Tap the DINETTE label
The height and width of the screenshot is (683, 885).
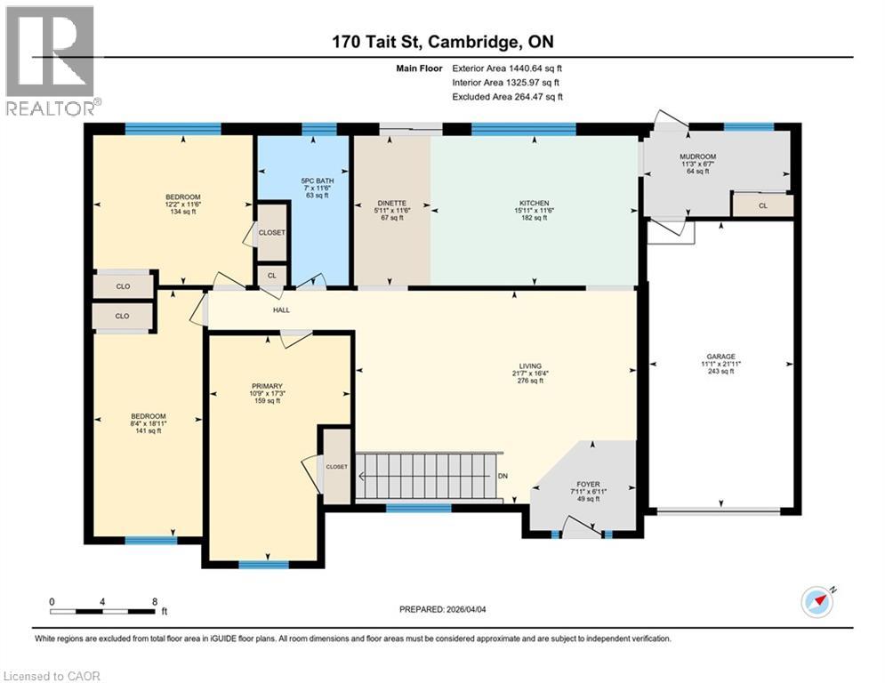click(x=391, y=203)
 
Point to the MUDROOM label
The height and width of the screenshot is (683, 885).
click(x=698, y=157)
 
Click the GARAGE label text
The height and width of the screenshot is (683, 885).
click(x=720, y=357)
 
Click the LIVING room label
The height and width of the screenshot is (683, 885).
click(x=531, y=366)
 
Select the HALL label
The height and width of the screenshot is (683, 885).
click(x=281, y=310)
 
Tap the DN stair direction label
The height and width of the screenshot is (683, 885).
click(x=503, y=477)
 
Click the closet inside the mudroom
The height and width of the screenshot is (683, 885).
click(x=762, y=205)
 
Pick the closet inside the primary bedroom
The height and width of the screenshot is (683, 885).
click(x=336, y=466)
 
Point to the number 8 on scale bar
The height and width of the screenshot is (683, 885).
click(x=155, y=602)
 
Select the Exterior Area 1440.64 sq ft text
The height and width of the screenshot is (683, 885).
click(x=507, y=68)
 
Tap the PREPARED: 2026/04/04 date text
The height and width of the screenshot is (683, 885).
click(x=442, y=609)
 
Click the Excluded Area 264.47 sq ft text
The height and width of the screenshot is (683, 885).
click(x=507, y=97)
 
